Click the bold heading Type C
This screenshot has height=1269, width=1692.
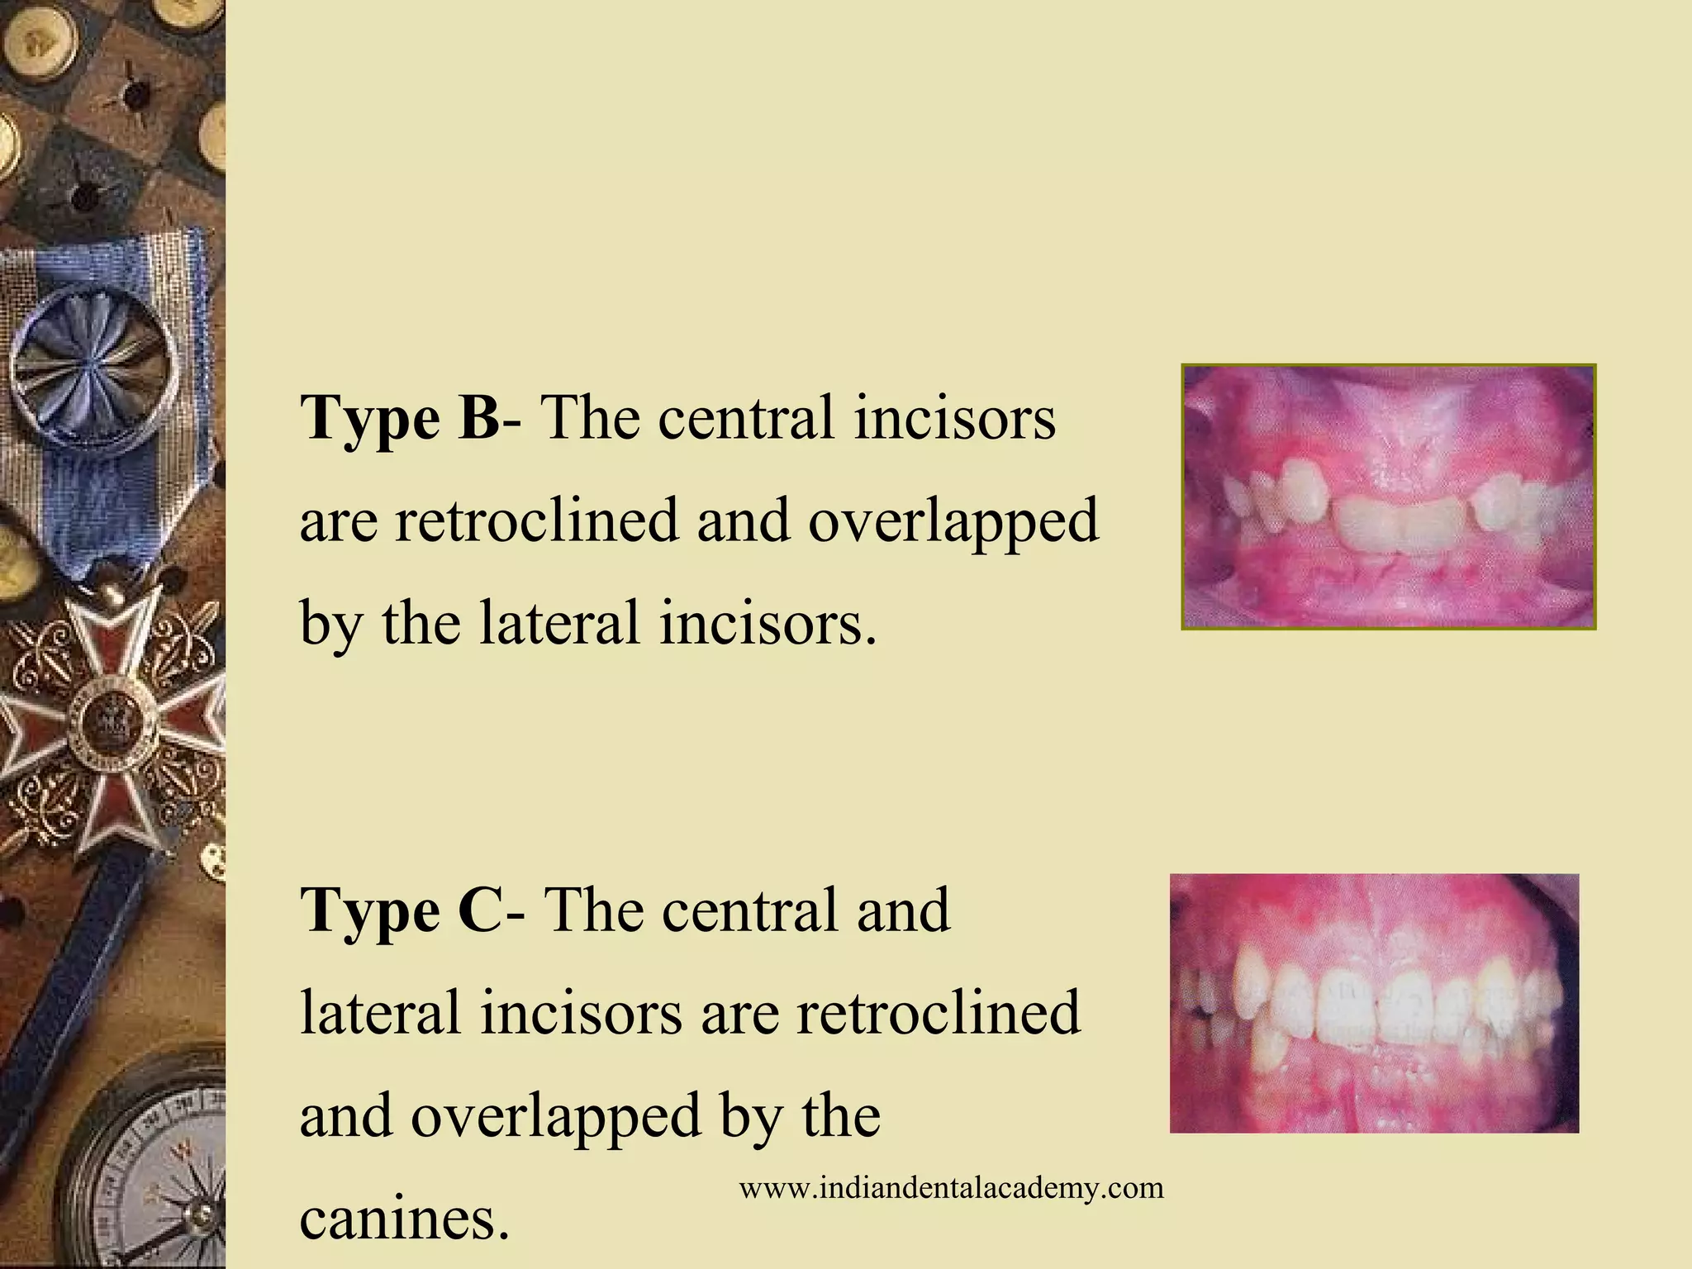point(400,910)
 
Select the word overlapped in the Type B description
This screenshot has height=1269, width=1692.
point(953,522)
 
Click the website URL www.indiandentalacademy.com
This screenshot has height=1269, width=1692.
point(951,1188)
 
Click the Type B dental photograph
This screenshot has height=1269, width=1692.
point(1388,497)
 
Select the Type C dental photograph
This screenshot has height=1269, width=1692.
point(1374,1003)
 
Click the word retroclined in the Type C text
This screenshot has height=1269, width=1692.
point(938,1013)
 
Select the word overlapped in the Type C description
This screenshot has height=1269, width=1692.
point(556,1116)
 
